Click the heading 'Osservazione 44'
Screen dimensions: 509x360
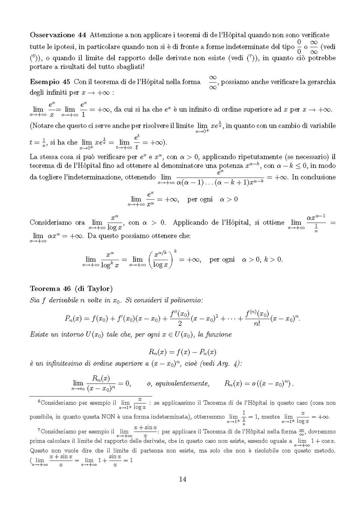[x=58, y=35]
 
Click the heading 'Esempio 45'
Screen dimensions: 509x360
[x=50, y=82]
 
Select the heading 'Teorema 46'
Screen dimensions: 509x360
[x=50, y=289]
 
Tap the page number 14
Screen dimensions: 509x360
[x=182, y=479]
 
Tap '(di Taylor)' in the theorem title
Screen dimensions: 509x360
[x=94, y=289]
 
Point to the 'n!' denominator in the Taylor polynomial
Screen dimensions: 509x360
[x=257, y=324]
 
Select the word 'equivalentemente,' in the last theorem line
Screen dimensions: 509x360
[x=178, y=384]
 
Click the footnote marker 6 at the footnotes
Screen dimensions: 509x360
[x=39, y=401]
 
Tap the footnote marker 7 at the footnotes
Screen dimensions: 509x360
[x=39, y=430]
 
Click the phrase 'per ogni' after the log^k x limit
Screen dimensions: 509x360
[x=222, y=260]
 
